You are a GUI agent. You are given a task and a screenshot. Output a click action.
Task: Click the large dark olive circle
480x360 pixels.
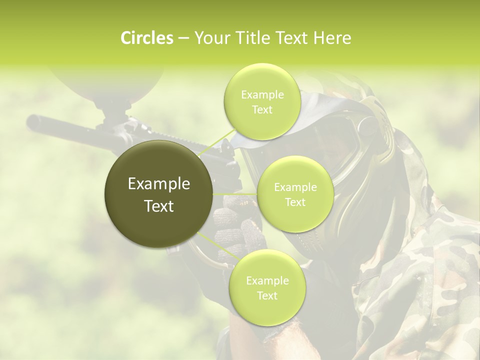[x=159, y=194]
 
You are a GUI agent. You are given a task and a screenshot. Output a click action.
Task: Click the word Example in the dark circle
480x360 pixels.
[x=159, y=184]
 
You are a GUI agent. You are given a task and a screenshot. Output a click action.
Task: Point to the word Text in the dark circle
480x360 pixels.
[x=159, y=206]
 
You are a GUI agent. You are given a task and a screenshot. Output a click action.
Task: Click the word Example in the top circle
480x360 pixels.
[x=262, y=95]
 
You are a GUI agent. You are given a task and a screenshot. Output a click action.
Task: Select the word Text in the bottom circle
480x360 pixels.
[x=267, y=296]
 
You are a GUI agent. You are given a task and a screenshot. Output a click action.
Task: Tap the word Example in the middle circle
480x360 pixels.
[x=295, y=187]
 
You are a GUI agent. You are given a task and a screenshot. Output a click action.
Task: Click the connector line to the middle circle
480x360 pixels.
[x=235, y=193]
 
